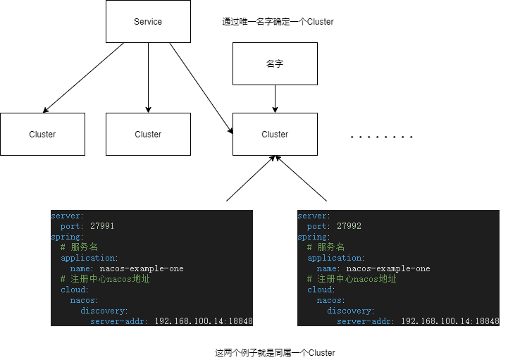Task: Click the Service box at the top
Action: pyautogui.click(x=148, y=21)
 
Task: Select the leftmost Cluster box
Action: pyautogui.click(x=42, y=134)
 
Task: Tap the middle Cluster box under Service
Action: pyautogui.click(x=148, y=134)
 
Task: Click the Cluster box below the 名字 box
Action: pyautogui.click(x=275, y=134)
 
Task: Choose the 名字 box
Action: pyautogui.click(x=275, y=63)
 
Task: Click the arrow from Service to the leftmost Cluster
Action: pyautogui.click(x=83, y=77)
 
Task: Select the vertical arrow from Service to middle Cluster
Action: pyautogui.click(x=148, y=77)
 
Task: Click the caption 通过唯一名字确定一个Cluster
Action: pyautogui.click(x=278, y=22)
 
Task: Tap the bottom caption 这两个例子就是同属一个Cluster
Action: pyautogui.click(x=275, y=352)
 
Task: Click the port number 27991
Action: pyautogui.click(x=102, y=227)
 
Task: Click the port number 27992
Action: pyautogui.click(x=349, y=227)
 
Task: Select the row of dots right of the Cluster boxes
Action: pyautogui.click(x=381, y=137)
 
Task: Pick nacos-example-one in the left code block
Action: pyautogui.click(x=142, y=268)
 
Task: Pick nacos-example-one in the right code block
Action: pyautogui.click(x=388, y=268)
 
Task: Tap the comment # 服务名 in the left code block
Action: pyautogui.click(x=74, y=247)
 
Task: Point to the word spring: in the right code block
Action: pyautogui.click(x=314, y=237)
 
